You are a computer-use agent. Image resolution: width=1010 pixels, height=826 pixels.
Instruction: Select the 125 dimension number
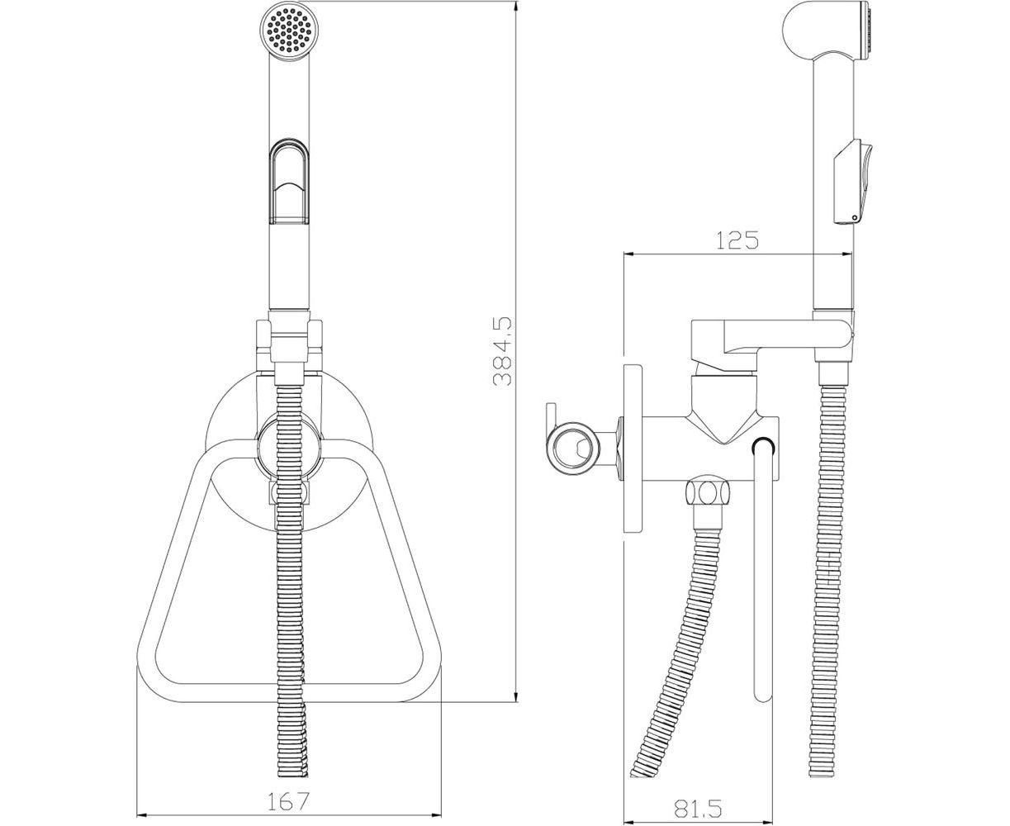(x=737, y=240)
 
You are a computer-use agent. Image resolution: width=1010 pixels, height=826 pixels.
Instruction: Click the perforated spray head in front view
(x=288, y=32)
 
